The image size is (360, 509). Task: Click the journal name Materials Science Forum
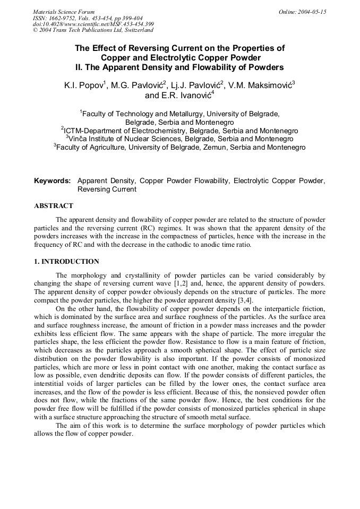coord(64,12)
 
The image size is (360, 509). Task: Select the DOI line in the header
coord(93,24)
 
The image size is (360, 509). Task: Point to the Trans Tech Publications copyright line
coord(93,30)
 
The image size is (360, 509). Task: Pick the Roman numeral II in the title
coord(79,67)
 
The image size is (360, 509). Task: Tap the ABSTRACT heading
coord(54,206)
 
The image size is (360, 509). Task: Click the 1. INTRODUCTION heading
coord(66,262)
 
